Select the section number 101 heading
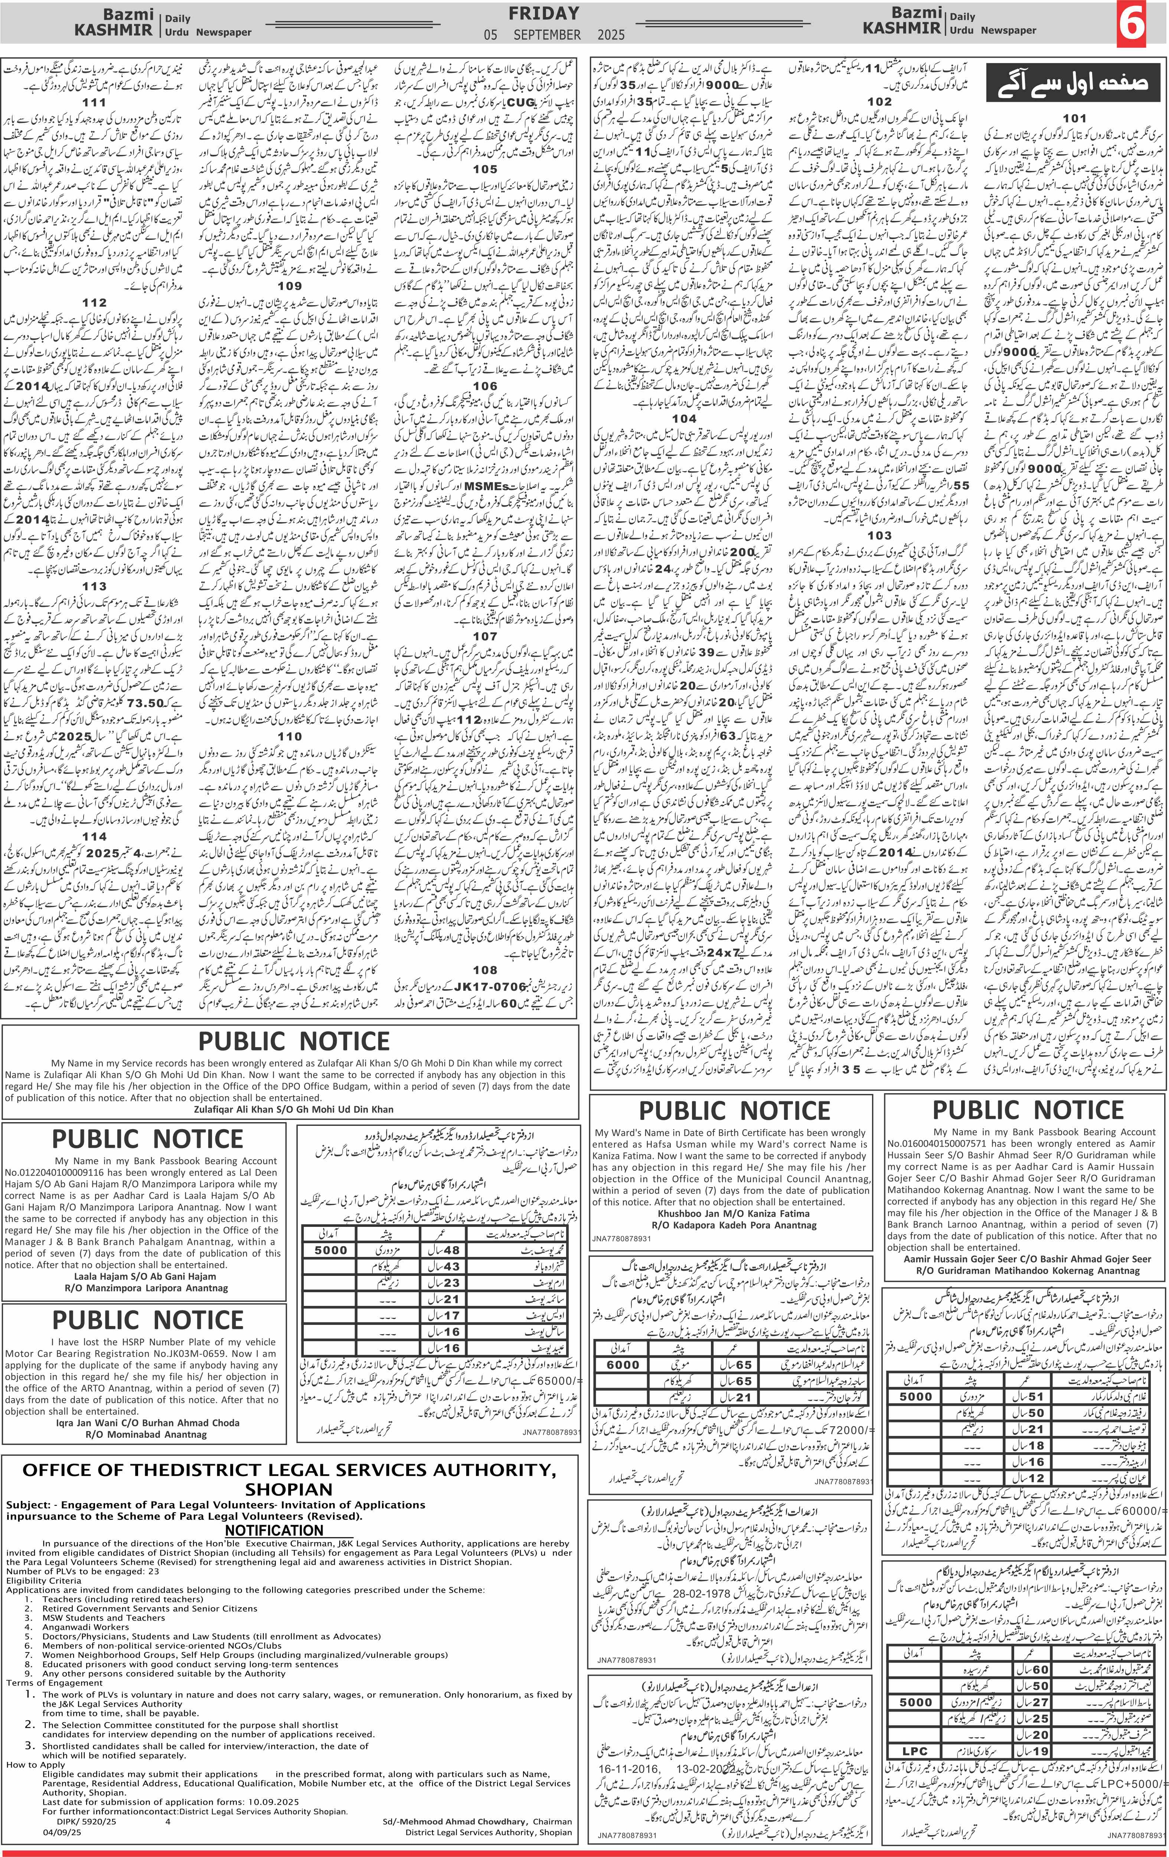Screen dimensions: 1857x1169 point(1073,118)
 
